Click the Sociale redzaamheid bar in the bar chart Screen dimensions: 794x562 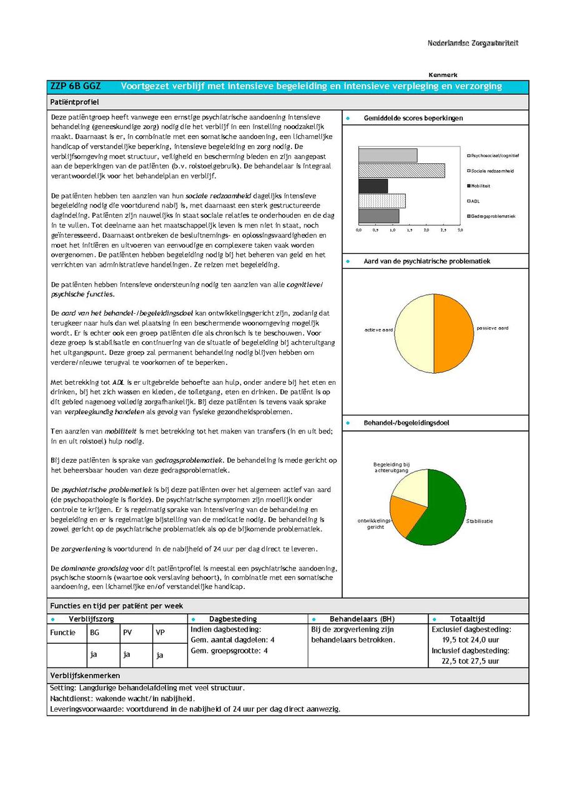(x=401, y=170)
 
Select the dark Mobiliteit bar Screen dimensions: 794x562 (x=373, y=186)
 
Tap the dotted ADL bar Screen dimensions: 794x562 (x=382, y=201)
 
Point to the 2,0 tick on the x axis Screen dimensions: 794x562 (x=426, y=230)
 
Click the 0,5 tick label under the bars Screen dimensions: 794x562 (x=375, y=230)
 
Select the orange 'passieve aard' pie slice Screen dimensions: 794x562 (x=454, y=334)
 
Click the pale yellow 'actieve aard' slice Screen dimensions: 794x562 (x=413, y=334)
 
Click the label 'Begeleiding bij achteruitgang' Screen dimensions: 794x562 (x=392, y=467)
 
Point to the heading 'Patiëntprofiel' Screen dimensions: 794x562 (x=74, y=102)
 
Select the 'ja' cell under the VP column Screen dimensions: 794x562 (x=159, y=655)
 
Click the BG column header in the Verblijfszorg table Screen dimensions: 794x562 (x=94, y=632)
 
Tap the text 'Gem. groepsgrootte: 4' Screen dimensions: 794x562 (x=229, y=651)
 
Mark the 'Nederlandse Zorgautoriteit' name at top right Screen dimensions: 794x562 (x=473, y=43)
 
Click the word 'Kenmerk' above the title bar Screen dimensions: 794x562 (x=443, y=75)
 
